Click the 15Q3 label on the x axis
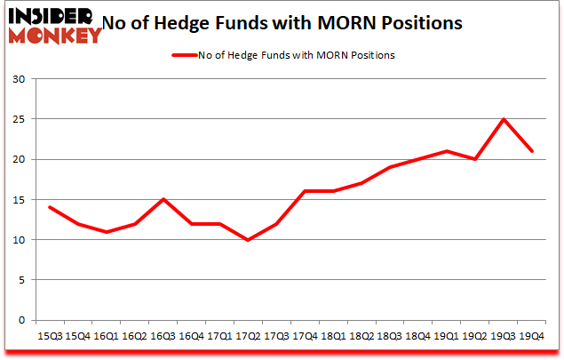pos(50,336)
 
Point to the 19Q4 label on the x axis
pos(532,336)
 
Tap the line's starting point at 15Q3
pos(50,207)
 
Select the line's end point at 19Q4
pos(532,151)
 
